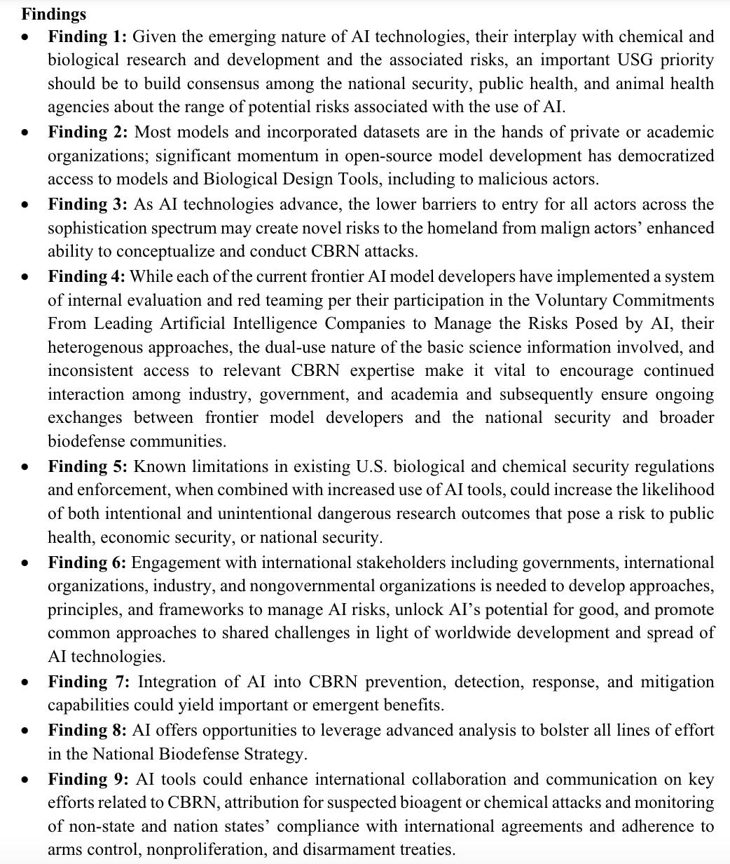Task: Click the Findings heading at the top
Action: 54,14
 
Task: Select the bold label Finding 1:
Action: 87,36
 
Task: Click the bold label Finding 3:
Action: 87,205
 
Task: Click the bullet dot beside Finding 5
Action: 26,467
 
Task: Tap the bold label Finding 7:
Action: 87,682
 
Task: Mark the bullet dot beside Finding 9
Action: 26,780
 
